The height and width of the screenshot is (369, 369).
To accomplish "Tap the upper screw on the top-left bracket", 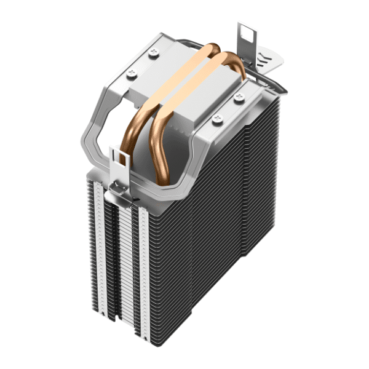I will tap(152, 54).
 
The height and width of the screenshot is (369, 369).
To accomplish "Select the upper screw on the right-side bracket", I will tap(238, 97).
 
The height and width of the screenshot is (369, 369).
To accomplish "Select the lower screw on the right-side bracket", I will tap(216, 118).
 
